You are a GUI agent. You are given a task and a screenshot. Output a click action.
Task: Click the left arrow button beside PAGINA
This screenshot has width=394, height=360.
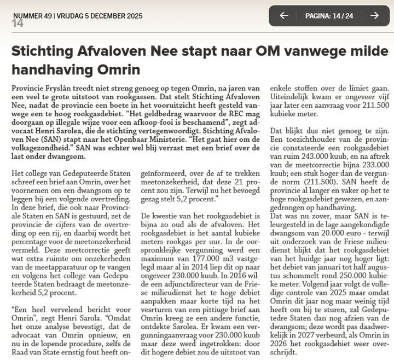click(283, 15)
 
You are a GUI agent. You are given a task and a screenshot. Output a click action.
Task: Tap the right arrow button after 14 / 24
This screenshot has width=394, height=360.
click(374, 15)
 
